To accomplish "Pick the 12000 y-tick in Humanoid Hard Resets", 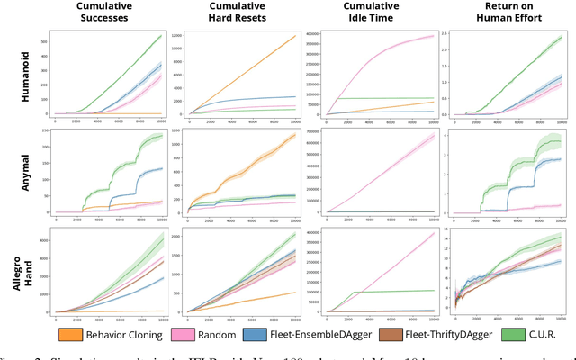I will point(175,35).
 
